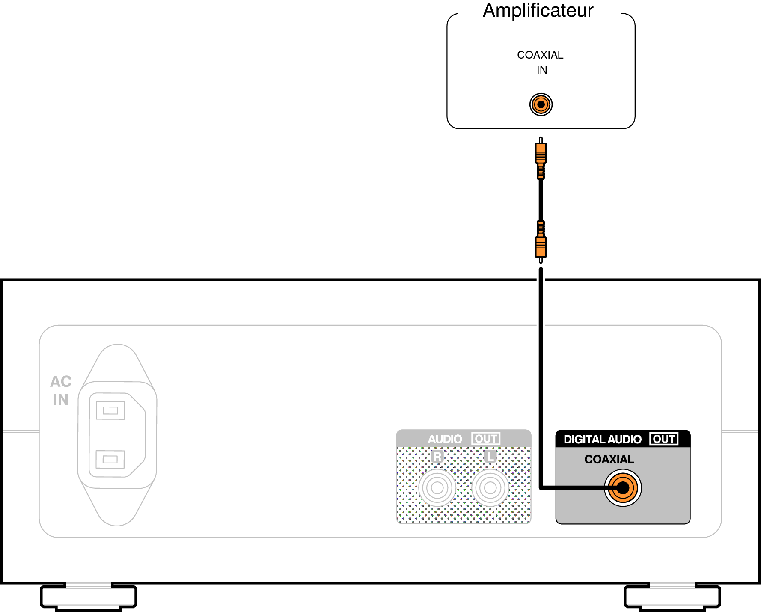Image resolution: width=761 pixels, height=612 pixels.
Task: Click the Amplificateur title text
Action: click(538, 11)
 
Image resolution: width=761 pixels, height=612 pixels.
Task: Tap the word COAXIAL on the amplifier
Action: click(540, 55)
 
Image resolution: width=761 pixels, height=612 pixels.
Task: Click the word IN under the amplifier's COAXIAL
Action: click(542, 70)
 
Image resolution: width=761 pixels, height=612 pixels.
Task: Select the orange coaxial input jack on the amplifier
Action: click(541, 104)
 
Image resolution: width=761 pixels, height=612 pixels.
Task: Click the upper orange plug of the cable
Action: click(541, 154)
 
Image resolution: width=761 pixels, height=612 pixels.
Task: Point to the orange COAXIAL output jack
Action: click(623, 488)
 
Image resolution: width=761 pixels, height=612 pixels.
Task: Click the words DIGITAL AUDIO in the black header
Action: click(602, 440)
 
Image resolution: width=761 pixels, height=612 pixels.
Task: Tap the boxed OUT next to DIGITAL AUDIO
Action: click(664, 439)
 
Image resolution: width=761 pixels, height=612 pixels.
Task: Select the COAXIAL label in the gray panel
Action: click(609, 460)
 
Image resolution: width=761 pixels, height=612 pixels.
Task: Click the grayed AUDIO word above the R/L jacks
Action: click(445, 439)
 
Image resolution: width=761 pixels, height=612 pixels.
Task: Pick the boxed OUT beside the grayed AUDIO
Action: click(486, 439)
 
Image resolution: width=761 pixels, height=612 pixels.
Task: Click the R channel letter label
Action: click(437, 457)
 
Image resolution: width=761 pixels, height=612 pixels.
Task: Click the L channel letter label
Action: click(490, 457)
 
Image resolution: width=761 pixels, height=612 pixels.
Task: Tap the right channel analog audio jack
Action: click(437, 488)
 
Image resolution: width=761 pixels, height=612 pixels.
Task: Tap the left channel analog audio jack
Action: click(490, 488)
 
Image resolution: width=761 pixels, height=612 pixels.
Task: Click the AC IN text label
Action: click(61, 390)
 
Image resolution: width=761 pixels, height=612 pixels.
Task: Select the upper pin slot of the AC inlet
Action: click(110, 410)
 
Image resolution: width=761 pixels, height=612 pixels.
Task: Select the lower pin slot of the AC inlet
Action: click(110, 459)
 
